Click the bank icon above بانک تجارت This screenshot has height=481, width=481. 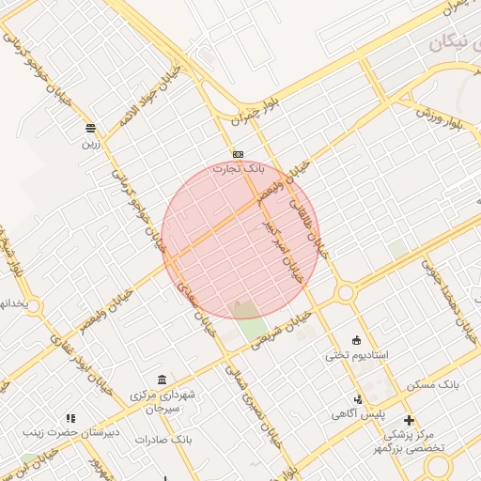click(x=238, y=154)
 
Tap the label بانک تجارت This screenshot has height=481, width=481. click(x=240, y=169)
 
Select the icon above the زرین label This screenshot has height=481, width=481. click(x=90, y=128)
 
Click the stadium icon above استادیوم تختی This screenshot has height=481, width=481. click(x=356, y=340)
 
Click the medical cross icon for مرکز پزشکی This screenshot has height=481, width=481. click(x=409, y=420)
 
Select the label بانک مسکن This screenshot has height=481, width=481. click(x=432, y=386)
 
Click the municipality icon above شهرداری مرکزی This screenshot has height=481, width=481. click(x=163, y=380)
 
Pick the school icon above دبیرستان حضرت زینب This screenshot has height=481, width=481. click(x=70, y=418)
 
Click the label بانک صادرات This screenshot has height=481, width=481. click(x=163, y=439)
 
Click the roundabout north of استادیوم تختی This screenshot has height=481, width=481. click(x=346, y=293)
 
